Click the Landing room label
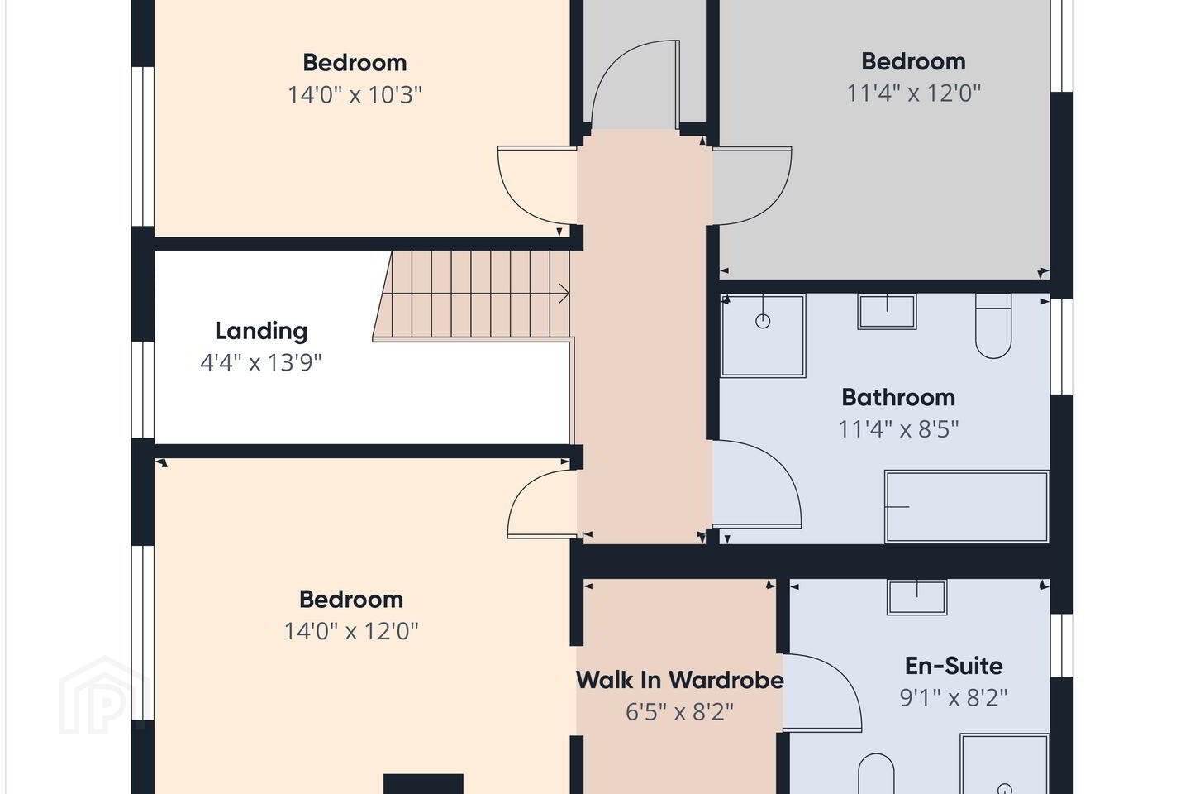click(261, 332)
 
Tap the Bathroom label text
click(898, 397)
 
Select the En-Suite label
click(954, 666)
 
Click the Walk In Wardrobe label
click(679, 680)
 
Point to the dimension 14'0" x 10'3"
click(355, 95)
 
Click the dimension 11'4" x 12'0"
click(913, 93)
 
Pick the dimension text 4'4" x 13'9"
click(261, 363)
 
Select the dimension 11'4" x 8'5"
click(898, 428)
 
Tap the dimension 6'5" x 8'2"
click(679, 711)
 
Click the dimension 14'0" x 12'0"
click(351, 631)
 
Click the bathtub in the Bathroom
click(966, 507)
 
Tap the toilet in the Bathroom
click(993, 326)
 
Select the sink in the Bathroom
click(887, 312)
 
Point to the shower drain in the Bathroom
click(763, 321)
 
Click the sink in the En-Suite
click(917, 597)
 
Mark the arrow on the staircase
click(564, 293)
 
